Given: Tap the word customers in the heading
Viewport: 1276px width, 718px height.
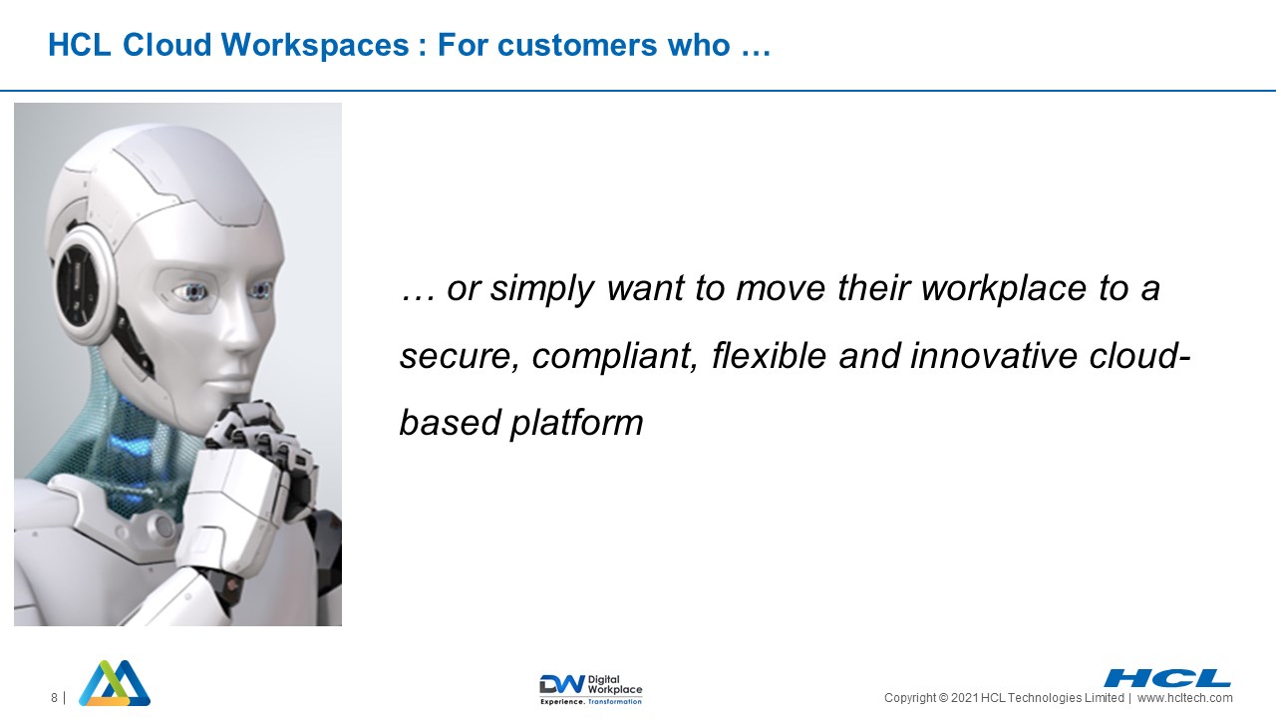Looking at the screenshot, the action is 577,45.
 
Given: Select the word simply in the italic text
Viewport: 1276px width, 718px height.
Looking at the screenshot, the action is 542,289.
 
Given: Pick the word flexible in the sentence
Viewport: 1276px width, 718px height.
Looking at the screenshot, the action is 769,356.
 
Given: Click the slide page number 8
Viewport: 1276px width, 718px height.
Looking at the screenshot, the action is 54,698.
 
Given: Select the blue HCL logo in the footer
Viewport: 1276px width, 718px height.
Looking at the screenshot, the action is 1166,678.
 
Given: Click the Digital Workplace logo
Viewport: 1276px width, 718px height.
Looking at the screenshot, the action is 591,689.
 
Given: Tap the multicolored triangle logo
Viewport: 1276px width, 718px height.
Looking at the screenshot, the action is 115,683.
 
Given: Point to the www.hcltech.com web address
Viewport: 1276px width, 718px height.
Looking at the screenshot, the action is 1185,698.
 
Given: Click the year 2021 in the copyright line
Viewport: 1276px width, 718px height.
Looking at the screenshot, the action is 964,698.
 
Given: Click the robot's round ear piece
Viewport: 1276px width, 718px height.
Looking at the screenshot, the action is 86,283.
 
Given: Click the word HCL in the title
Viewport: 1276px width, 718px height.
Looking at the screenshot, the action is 79,45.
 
